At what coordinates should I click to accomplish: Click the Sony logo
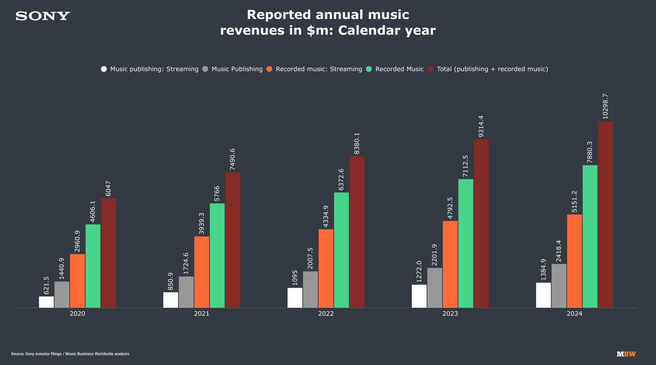pyautogui.click(x=43, y=16)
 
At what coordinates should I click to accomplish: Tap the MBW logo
pyautogui.click(x=626, y=354)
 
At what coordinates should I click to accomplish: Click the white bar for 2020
pyautogui.click(x=46, y=302)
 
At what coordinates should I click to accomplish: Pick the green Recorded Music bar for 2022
pyautogui.click(x=341, y=250)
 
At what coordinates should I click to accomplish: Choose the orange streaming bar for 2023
pyautogui.click(x=450, y=264)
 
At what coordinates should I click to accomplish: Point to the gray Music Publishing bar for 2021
pyautogui.click(x=186, y=292)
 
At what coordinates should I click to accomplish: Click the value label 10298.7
pyautogui.click(x=605, y=107)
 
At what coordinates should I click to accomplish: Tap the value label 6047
pyautogui.click(x=108, y=189)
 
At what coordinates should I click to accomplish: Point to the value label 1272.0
pyautogui.click(x=419, y=272)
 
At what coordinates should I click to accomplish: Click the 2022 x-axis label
pyautogui.click(x=326, y=314)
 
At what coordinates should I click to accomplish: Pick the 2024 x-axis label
pyautogui.click(x=574, y=314)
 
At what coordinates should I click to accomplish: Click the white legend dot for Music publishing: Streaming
pyautogui.click(x=104, y=69)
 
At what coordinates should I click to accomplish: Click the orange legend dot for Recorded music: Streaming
pyautogui.click(x=270, y=69)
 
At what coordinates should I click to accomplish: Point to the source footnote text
pyautogui.click(x=70, y=354)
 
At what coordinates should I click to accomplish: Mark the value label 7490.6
pyautogui.click(x=233, y=159)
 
